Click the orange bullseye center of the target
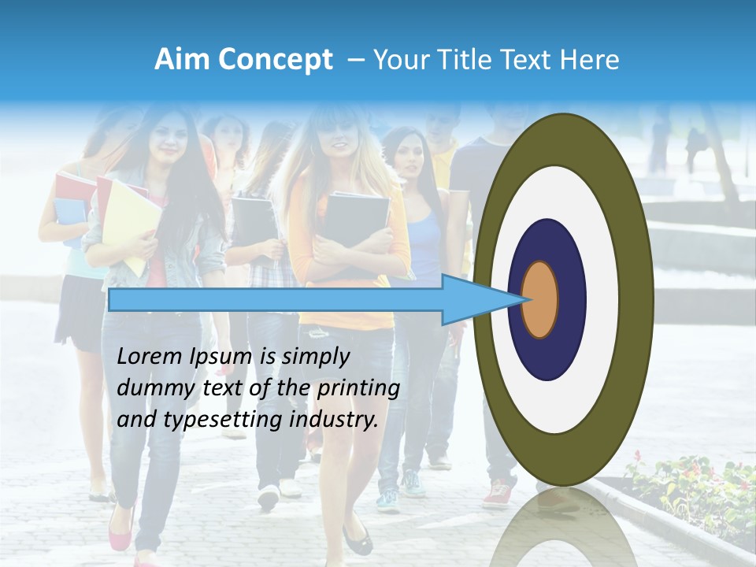[539, 299]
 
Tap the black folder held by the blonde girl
[357, 217]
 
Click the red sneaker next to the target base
[498, 494]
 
